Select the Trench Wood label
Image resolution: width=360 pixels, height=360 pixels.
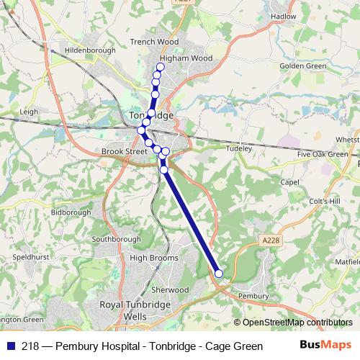(154, 42)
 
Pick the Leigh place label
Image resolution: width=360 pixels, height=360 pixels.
(29, 112)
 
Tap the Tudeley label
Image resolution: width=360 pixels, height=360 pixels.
(238, 148)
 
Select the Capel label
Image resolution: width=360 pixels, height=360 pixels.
(289, 182)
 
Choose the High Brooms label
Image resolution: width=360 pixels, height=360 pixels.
(149, 257)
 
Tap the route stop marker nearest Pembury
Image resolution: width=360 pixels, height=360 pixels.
(219, 274)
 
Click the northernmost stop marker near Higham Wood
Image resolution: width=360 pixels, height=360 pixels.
(161, 67)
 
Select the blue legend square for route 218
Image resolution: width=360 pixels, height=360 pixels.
(10, 344)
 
